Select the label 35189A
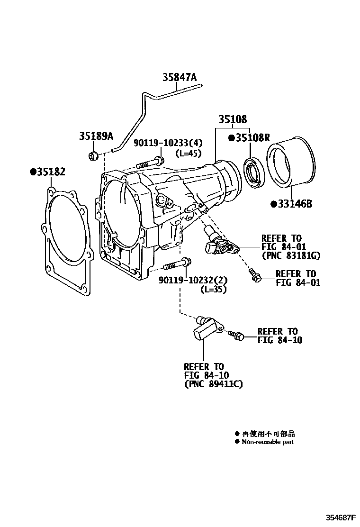point(96,136)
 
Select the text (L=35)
point(213,289)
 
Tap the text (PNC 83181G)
point(291,256)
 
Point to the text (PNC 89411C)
point(213,384)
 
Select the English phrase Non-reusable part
point(268,442)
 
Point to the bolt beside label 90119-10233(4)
point(150,164)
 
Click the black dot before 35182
point(34,172)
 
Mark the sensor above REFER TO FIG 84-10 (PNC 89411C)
point(206,327)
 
